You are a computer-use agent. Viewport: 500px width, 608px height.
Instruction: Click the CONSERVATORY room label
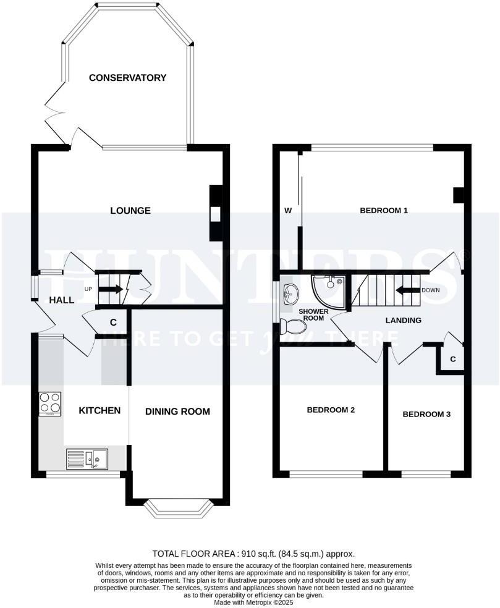tap(127, 78)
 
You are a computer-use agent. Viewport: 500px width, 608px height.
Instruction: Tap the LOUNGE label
tap(130, 211)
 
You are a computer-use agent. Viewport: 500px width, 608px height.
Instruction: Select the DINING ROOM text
tap(177, 412)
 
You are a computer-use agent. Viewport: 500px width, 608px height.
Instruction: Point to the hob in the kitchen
tap(50, 403)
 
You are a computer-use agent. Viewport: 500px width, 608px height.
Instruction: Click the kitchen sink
tap(87, 458)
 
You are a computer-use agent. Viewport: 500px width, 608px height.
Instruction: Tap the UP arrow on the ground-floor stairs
tap(111, 289)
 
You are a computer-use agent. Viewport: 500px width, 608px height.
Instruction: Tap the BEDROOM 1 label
tap(384, 211)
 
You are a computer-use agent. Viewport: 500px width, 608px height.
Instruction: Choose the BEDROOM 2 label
tap(331, 410)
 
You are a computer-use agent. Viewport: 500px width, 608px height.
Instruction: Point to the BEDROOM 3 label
tap(426, 414)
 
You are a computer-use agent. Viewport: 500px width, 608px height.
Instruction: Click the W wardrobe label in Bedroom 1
tap(287, 211)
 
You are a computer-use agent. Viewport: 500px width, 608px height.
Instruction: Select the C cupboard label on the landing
tap(453, 359)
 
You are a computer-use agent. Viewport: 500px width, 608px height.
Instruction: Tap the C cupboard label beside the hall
tap(113, 322)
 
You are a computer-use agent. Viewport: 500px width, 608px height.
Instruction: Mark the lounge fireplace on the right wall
tap(215, 214)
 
